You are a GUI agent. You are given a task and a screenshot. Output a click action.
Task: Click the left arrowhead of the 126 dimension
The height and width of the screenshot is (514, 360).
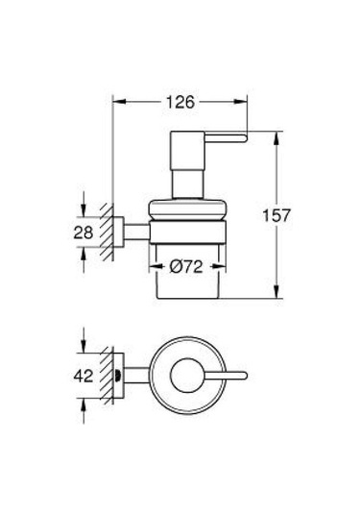pyautogui.click(x=119, y=101)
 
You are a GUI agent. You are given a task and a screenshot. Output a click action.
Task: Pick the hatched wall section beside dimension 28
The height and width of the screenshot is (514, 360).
pyautogui.click(x=110, y=232)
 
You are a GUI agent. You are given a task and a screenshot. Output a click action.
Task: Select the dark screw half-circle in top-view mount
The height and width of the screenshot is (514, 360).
pyautogui.click(x=118, y=377)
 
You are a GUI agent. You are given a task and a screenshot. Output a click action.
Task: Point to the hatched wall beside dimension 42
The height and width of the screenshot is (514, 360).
pyautogui.click(x=110, y=377)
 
